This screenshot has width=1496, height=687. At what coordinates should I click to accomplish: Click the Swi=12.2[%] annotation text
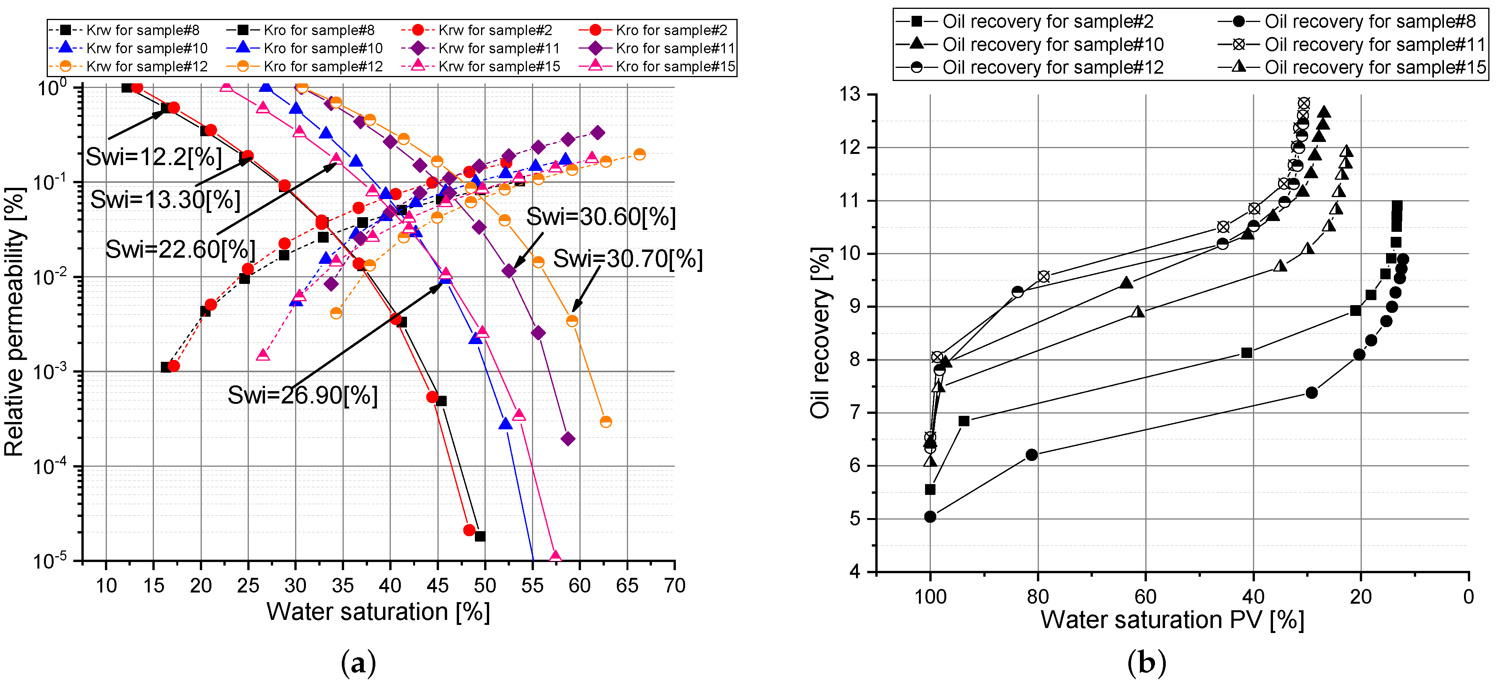(154, 157)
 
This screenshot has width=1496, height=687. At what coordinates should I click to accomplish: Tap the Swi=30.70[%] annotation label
(627, 259)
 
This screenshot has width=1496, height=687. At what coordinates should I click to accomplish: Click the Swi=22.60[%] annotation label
(180, 250)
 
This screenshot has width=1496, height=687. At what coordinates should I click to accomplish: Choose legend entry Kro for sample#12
(323, 67)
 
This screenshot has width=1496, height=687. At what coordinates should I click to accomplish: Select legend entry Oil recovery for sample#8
(1369, 22)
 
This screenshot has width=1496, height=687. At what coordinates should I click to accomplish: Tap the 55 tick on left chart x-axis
(532, 586)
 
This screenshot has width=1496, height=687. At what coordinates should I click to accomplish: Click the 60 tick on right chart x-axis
(1145, 596)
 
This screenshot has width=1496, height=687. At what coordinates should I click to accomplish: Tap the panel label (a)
(358, 663)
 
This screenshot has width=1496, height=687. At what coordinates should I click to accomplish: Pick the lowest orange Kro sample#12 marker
(606, 422)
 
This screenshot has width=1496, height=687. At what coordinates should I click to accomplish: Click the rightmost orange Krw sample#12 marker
(639, 154)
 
